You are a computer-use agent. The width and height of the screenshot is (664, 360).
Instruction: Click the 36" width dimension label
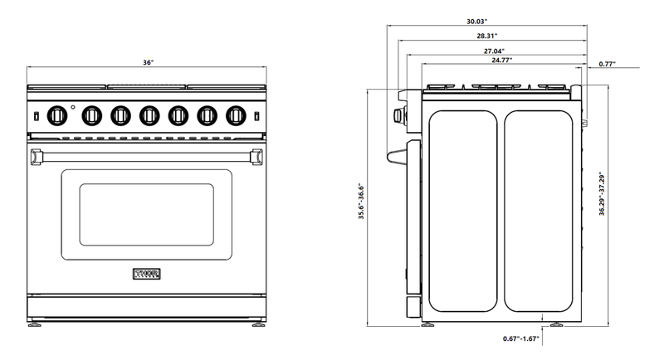click(x=148, y=63)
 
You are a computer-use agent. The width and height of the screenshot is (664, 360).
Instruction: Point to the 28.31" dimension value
click(x=487, y=36)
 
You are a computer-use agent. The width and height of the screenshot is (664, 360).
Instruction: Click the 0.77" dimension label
click(x=607, y=63)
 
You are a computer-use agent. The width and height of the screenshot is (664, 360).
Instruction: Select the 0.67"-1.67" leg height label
click(x=521, y=338)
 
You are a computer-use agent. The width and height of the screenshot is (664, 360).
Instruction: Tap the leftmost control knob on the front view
click(x=57, y=114)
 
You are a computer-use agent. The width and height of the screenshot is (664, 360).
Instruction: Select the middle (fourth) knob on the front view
click(x=148, y=114)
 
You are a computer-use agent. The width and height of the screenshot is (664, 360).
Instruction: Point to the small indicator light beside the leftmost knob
click(x=73, y=107)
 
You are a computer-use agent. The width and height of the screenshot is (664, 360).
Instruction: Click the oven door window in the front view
click(x=146, y=215)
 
